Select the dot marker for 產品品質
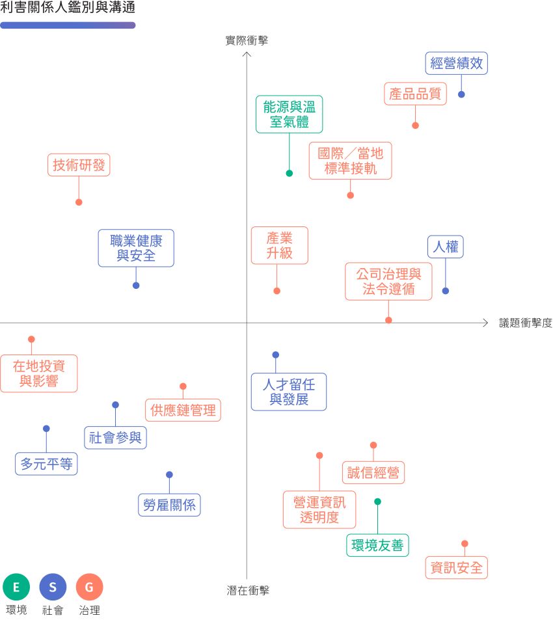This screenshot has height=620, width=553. pyautogui.click(x=415, y=125)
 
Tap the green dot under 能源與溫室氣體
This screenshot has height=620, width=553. pyautogui.click(x=290, y=173)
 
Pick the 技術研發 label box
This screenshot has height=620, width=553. pyautogui.click(x=79, y=165)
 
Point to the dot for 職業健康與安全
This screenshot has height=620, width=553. pyautogui.click(x=136, y=286)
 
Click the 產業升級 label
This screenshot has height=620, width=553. pyautogui.click(x=279, y=245)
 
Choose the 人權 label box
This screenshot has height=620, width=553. pyautogui.click(x=446, y=247)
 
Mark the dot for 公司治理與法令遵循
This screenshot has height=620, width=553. pyautogui.click(x=388, y=320)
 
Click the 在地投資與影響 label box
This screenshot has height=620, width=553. pyautogui.click(x=38, y=373)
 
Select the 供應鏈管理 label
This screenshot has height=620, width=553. pyautogui.click(x=183, y=411)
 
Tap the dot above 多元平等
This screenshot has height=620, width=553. pyautogui.click(x=46, y=429)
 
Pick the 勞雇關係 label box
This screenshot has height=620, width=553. pyautogui.click(x=169, y=505)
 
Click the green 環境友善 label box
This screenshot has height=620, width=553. pyautogui.click(x=377, y=545)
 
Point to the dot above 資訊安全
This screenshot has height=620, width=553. pyautogui.click(x=465, y=543)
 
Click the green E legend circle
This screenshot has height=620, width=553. pyautogui.click(x=16, y=587)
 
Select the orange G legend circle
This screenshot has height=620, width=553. pyautogui.click(x=89, y=587)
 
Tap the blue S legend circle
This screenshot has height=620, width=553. pyautogui.click(x=53, y=587)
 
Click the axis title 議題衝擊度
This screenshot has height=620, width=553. pyautogui.click(x=525, y=323)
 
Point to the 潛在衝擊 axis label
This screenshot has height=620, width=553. pyautogui.click(x=247, y=591)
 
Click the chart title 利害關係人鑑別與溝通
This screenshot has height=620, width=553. pyautogui.click(x=68, y=8)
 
